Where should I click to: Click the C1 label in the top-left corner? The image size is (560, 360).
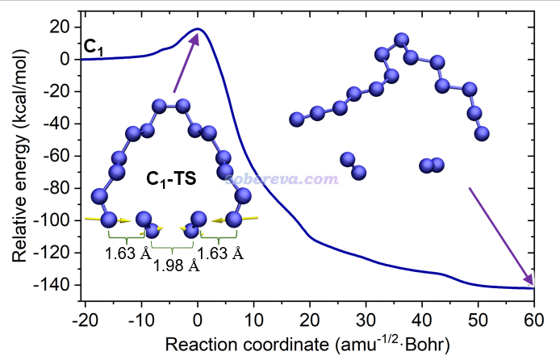click(94, 48)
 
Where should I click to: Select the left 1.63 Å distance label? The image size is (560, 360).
click(127, 253)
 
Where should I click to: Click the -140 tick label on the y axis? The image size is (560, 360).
click(57, 285)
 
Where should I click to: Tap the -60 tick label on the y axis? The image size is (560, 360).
click(61, 156)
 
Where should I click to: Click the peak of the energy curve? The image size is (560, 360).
click(199, 30)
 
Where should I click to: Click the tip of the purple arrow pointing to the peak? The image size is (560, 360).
click(196, 34)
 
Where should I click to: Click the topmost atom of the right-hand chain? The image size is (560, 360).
click(401, 39)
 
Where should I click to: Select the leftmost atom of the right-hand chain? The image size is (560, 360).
click(296, 119)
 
